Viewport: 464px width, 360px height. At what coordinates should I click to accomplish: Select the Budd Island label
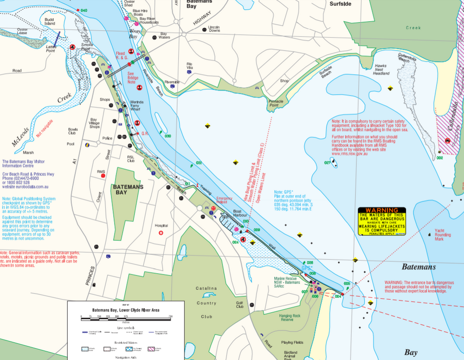(x=49, y=21)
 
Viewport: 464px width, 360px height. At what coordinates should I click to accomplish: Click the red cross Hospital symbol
(x=161, y=233)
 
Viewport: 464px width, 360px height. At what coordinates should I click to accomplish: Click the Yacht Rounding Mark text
(x=442, y=235)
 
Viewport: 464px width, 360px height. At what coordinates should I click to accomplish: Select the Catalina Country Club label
(x=206, y=302)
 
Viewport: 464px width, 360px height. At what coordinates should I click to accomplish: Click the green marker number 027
(x=327, y=163)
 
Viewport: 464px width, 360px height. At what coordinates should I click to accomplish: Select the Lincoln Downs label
(x=214, y=29)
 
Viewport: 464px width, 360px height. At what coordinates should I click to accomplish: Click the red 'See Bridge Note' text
(x=131, y=78)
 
